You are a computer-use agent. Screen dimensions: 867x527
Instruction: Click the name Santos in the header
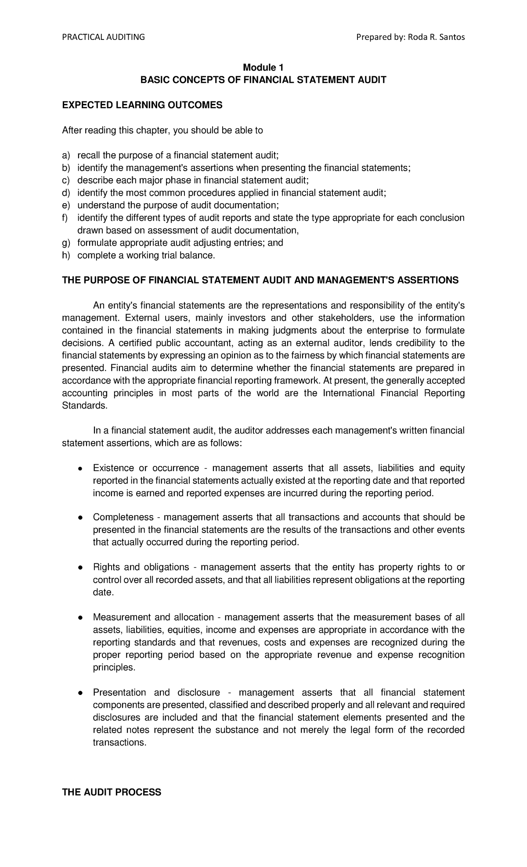coord(451,37)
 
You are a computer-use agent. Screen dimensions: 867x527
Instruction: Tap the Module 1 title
coord(263,68)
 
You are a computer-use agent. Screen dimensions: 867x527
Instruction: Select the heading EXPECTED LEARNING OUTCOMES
coord(142,105)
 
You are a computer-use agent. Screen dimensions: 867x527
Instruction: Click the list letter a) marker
coord(66,155)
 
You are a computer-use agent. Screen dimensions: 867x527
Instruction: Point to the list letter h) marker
coord(66,255)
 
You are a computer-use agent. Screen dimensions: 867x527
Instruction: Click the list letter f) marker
coord(65,218)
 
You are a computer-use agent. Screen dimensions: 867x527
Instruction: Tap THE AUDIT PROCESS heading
coord(112,792)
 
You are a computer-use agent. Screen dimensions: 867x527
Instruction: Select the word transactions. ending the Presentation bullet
coord(119,742)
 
